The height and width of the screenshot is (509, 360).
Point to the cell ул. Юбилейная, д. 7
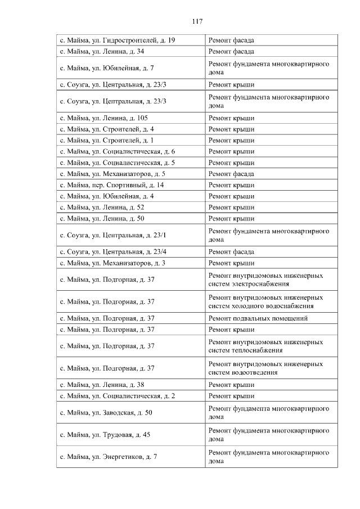(106, 68)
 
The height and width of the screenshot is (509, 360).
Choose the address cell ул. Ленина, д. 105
(103, 118)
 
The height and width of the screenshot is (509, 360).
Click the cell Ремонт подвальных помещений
(258, 318)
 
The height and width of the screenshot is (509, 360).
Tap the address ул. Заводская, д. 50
(106, 412)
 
